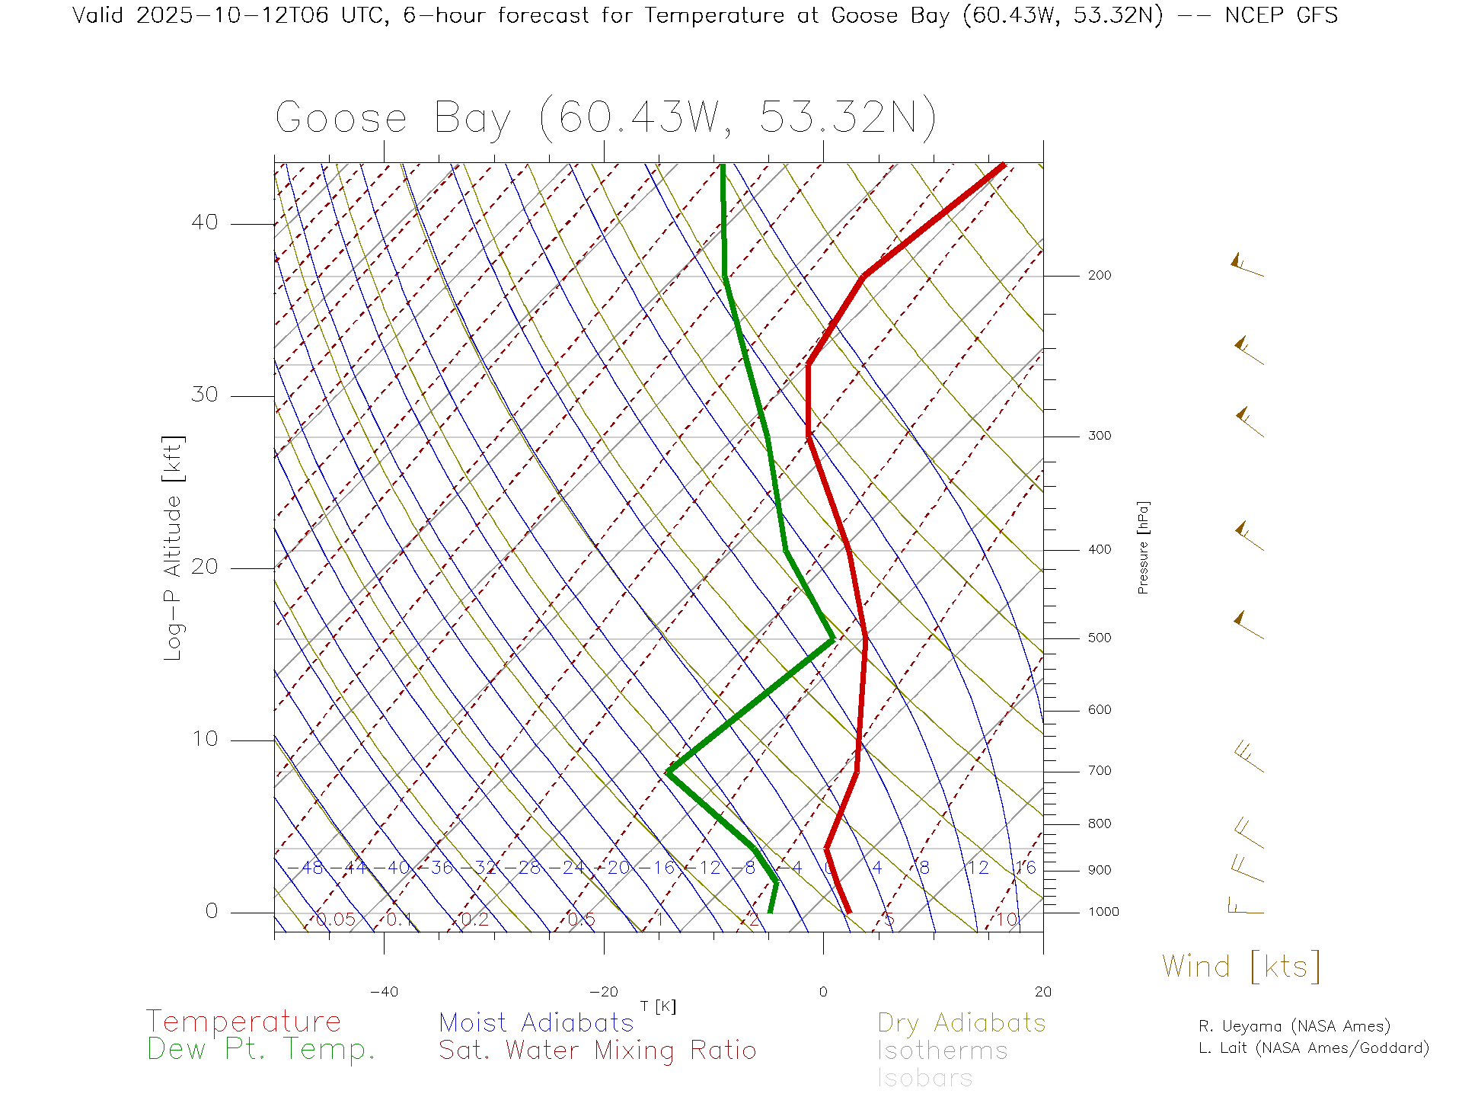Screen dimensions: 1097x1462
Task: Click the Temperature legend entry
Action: (243, 1021)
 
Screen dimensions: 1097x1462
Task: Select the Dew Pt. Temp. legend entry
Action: (261, 1049)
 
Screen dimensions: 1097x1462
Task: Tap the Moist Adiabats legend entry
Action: (536, 1022)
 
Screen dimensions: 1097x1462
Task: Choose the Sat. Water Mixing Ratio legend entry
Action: (597, 1050)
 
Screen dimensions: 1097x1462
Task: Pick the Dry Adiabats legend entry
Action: (961, 1022)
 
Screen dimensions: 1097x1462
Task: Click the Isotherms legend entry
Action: (942, 1051)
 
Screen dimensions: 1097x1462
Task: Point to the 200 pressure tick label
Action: (1099, 276)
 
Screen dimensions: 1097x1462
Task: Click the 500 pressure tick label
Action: (1099, 638)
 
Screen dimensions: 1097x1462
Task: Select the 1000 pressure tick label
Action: (1103, 912)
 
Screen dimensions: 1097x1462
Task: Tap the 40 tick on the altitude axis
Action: (205, 222)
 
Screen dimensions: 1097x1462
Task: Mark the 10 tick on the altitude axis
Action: (205, 739)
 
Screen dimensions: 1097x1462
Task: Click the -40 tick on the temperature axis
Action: (384, 992)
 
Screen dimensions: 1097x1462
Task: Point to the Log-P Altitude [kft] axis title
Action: (174, 548)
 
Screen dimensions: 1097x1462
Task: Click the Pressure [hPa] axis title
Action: (1143, 547)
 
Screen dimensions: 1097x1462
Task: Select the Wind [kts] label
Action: (1240, 966)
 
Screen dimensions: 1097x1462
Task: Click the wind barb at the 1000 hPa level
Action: (1245, 907)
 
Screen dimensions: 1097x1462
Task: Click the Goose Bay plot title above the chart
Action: (605, 118)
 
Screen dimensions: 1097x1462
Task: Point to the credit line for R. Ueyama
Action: (1294, 1026)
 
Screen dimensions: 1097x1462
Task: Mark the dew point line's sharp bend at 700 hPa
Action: (669, 772)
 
